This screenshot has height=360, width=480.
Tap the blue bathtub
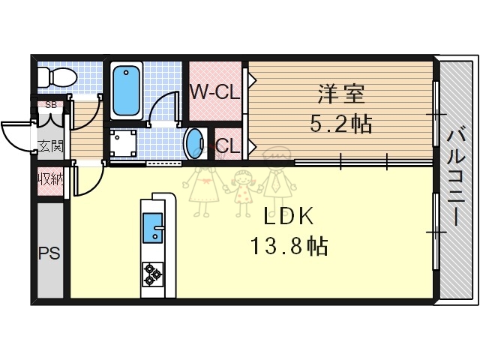point(129,89)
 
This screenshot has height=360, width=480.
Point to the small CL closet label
point(228,146)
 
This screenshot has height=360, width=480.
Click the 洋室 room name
point(341,95)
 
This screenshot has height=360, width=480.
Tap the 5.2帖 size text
point(341,123)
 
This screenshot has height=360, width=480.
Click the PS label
point(49,252)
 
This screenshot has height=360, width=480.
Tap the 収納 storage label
point(50,179)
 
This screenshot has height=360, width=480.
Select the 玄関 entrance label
point(50,145)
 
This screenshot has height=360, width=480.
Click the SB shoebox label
point(50,104)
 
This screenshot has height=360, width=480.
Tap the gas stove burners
point(153,274)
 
